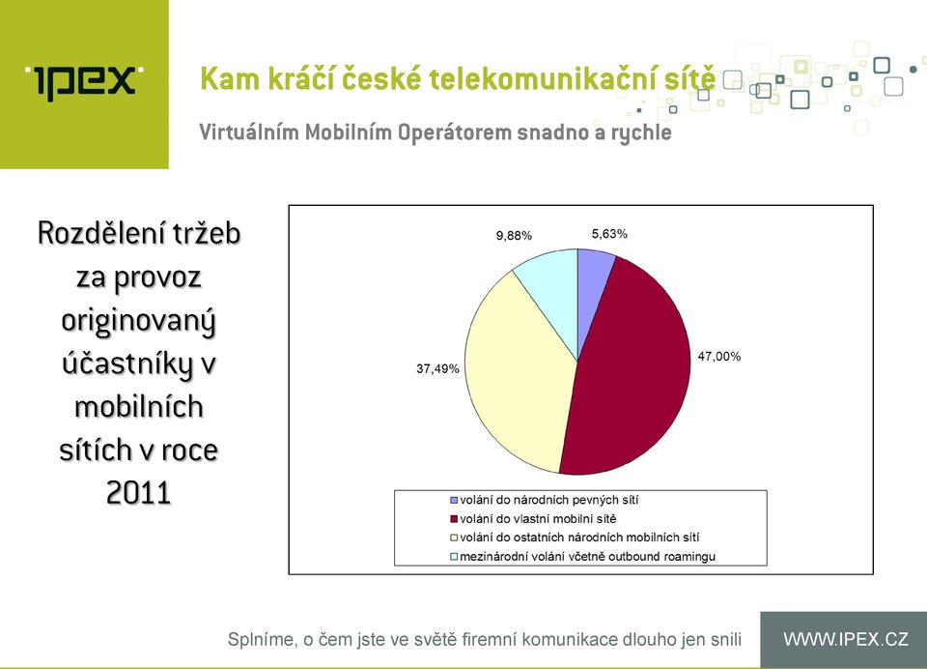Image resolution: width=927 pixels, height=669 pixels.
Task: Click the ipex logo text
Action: [x=84, y=82]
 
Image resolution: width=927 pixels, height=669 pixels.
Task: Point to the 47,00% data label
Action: [x=718, y=357]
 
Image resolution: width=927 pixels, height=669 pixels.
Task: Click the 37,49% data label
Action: [x=437, y=369]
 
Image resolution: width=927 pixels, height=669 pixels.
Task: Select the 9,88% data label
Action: [x=514, y=236]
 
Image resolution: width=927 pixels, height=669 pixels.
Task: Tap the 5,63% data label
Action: [x=609, y=234]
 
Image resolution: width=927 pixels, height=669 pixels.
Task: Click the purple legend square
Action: [x=454, y=500]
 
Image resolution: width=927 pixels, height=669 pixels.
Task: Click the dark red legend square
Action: [x=454, y=519]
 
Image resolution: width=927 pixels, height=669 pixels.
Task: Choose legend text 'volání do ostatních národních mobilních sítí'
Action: [x=579, y=538]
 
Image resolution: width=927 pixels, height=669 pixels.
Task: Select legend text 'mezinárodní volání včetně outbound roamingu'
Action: [x=588, y=557]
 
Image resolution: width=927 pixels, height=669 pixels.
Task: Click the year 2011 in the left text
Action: [x=139, y=493]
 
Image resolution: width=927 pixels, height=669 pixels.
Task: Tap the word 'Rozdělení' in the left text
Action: [x=98, y=233]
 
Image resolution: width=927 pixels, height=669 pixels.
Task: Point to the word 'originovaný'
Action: [x=139, y=322]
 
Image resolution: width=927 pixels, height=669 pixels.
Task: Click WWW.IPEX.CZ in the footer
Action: [x=846, y=639]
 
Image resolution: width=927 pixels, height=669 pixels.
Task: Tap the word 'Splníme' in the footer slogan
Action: [x=262, y=640]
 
